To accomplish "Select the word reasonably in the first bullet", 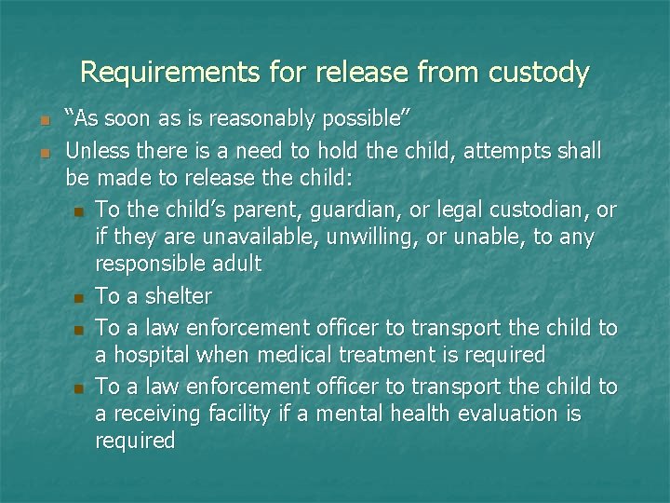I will (x=253, y=119).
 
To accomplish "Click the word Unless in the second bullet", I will (x=96, y=150).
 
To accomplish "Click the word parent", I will (x=241, y=209).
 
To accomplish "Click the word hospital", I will (x=153, y=355).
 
